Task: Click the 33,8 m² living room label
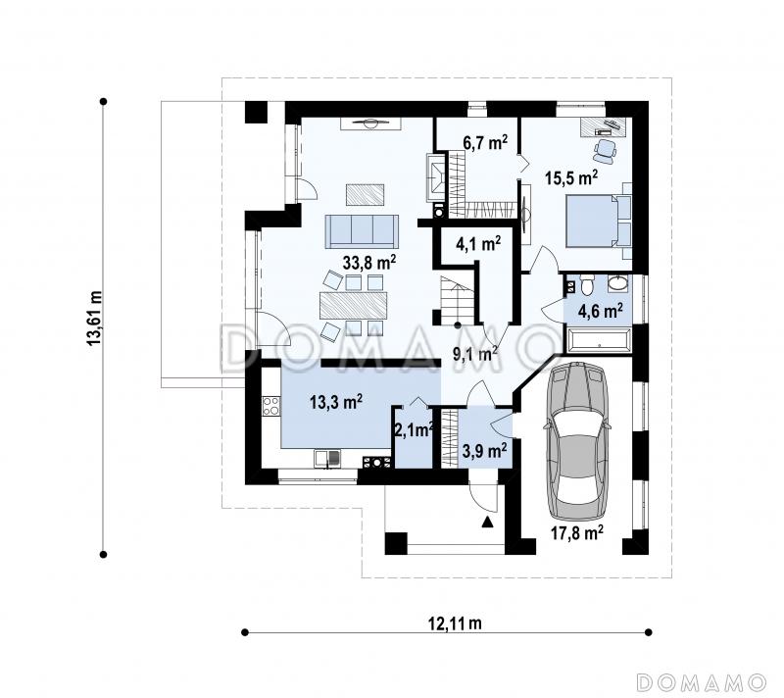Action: click(x=369, y=262)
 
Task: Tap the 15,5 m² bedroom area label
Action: click(x=571, y=177)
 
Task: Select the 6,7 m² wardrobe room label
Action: click(x=485, y=143)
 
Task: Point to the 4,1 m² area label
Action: click(x=478, y=243)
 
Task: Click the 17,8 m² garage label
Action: click(x=577, y=532)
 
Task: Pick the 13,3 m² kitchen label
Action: click(x=336, y=402)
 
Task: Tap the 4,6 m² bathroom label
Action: click(x=600, y=311)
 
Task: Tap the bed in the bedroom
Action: click(x=593, y=221)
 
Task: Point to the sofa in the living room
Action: click(x=362, y=231)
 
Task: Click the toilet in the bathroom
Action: click(x=586, y=285)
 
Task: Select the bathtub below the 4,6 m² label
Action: click(x=598, y=339)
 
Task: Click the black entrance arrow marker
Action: click(x=487, y=523)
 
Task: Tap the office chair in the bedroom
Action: click(x=605, y=150)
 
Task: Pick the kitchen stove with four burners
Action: click(x=271, y=406)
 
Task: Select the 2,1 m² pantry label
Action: click(x=414, y=430)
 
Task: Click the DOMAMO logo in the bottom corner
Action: click(x=702, y=682)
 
